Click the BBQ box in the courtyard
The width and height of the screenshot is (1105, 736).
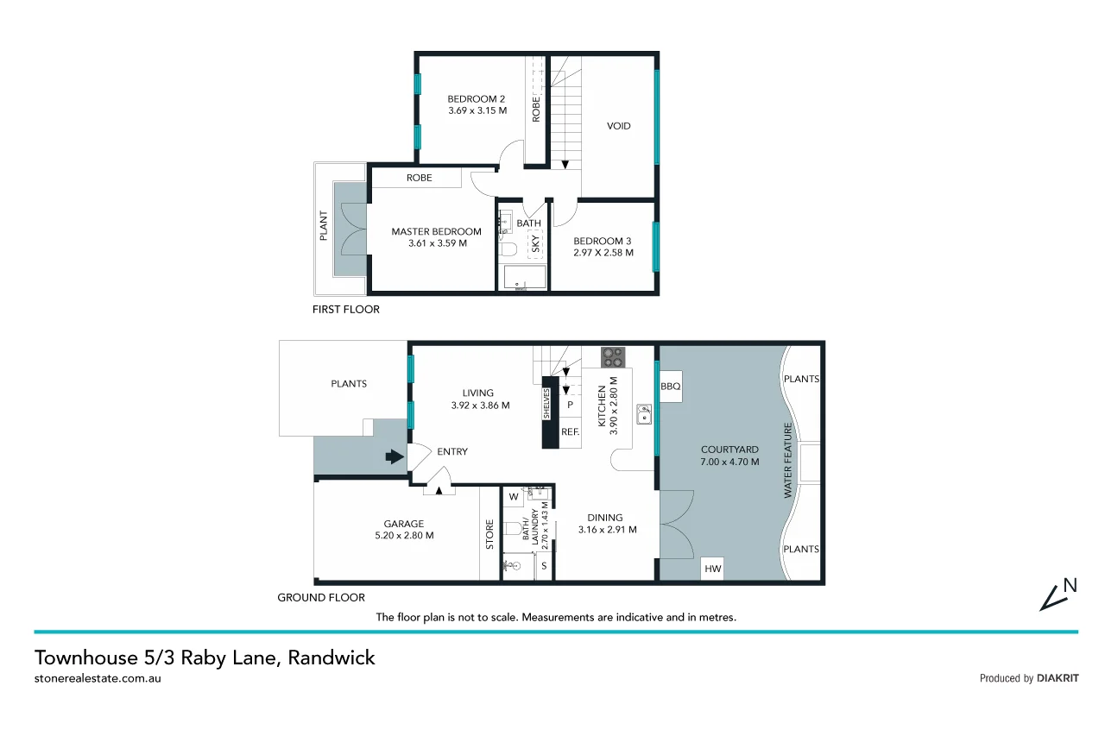click(671, 387)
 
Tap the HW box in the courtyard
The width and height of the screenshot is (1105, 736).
click(712, 569)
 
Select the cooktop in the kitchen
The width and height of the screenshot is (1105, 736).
click(614, 356)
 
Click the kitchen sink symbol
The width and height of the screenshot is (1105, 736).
click(642, 416)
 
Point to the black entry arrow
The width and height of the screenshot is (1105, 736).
click(395, 457)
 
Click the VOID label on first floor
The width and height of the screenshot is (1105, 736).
click(618, 126)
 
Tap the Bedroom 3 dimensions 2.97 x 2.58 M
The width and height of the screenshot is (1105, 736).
click(603, 253)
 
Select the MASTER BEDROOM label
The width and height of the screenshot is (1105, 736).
click(436, 231)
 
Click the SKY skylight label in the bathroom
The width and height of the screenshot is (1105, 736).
click(535, 244)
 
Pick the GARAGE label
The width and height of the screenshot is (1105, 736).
click(403, 523)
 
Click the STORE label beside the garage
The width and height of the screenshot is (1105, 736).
click(489, 534)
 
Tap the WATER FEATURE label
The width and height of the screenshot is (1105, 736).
click(787, 460)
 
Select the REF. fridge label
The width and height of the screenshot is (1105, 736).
click(570, 431)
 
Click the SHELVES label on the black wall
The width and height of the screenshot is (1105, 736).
click(547, 403)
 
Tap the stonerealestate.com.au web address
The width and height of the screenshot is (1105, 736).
click(98, 678)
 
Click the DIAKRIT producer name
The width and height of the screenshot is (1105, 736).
click(1058, 678)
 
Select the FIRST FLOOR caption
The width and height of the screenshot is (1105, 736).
click(345, 309)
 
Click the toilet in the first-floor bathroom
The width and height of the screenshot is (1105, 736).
click(508, 250)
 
